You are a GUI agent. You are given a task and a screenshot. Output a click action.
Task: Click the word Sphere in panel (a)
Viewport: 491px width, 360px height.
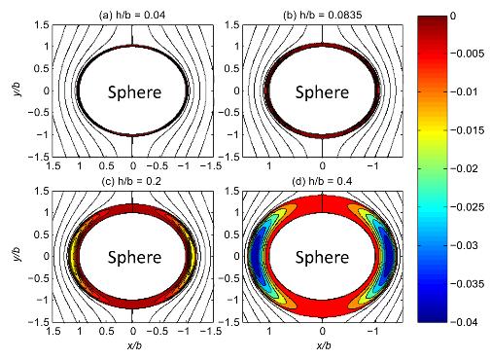(x=134, y=92)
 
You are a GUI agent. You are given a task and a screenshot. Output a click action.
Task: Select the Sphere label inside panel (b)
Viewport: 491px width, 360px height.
(x=323, y=92)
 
